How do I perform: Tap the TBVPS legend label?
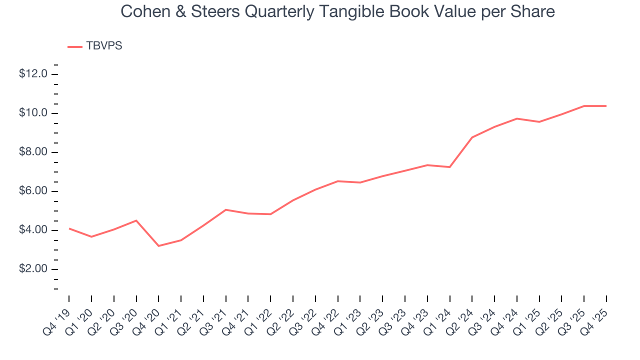tap(104, 46)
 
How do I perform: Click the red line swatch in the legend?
tap(75, 46)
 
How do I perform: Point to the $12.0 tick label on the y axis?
tap(33, 74)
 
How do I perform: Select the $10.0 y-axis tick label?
tap(33, 113)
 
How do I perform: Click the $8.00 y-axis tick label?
tap(33, 152)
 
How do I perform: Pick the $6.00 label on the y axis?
tap(33, 191)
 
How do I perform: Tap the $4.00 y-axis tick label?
tap(33, 230)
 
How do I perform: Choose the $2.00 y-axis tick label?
tap(33, 269)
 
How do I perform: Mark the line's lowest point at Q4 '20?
tap(158, 246)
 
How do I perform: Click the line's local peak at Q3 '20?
tap(136, 220)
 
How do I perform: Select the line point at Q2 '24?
tap(472, 137)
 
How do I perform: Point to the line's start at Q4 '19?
tap(69, 228)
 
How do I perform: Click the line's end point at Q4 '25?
tap(606, 106)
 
